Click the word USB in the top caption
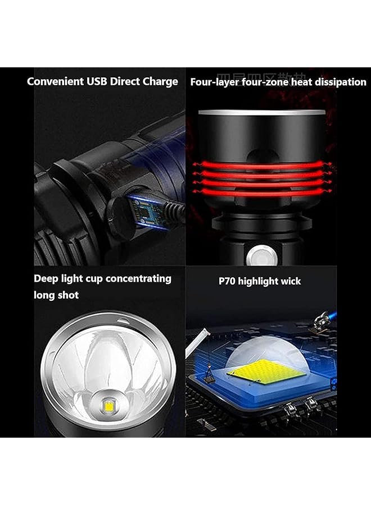coord(97,81)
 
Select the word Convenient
coord(55,81)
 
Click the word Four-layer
coord(214,82)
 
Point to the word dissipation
coord(340,82)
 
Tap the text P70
coord(227,281)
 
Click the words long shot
coord(56,295)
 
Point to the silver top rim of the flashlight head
coord(262,113)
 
